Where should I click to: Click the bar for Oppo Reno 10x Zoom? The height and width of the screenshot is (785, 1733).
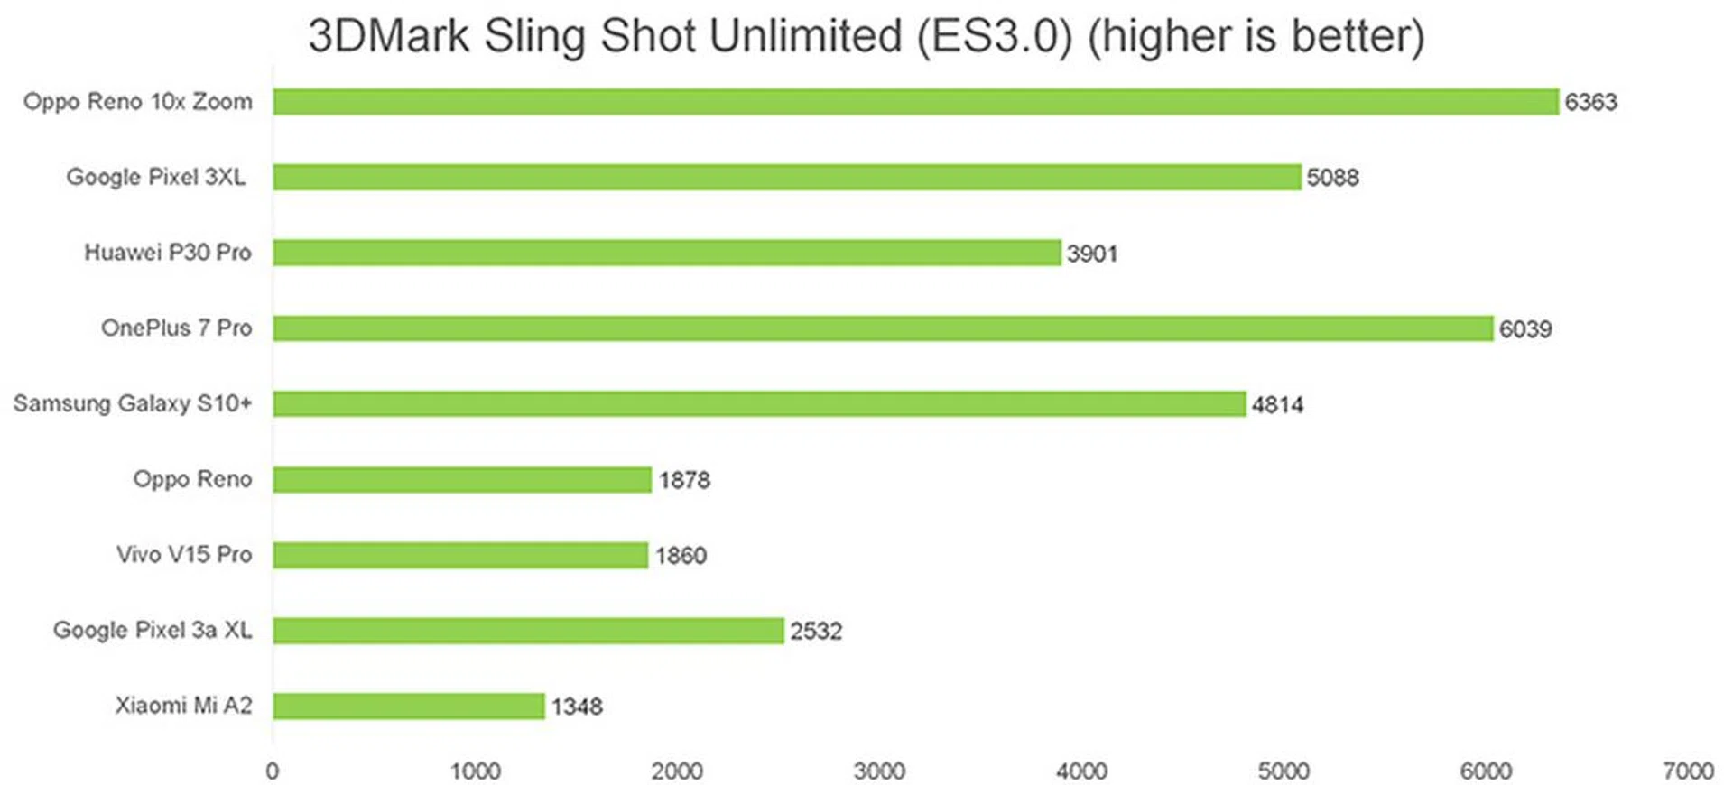tap(915, 102)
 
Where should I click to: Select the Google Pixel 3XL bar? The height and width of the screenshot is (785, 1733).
tap(787, 177)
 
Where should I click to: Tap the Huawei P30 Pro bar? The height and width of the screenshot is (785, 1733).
tap(667, 253)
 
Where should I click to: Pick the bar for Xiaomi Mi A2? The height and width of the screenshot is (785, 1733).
tap(409, 706)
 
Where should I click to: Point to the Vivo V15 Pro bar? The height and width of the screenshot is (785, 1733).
tap(460, 555)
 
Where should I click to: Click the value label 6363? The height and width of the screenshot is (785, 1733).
tap(1590, 102)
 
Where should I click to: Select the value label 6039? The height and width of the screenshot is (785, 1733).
tap(1525, 328)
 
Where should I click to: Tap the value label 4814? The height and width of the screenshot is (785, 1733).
tap(1277, 404)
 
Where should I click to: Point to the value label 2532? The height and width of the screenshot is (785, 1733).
tap(816, 631)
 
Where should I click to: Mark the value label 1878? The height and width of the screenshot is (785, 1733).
tap(684, 480)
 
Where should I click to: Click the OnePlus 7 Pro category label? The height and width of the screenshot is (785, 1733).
tap(176, 328)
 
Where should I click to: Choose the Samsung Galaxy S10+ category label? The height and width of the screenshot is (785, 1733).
tap(132, 403)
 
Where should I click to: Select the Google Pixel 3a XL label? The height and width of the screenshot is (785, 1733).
tap(153, 630)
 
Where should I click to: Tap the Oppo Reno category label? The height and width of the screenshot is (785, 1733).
tap(192, 479)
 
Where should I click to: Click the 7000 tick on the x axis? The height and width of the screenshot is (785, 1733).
tap(1688, 771)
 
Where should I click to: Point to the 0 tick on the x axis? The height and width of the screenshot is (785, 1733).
tap(273, 771)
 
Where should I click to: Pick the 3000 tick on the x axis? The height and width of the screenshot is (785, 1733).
tap(879, 771)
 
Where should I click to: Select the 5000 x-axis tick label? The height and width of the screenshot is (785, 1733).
tap(1284, 771)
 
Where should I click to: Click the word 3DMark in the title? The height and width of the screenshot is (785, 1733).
tap(389, 36)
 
